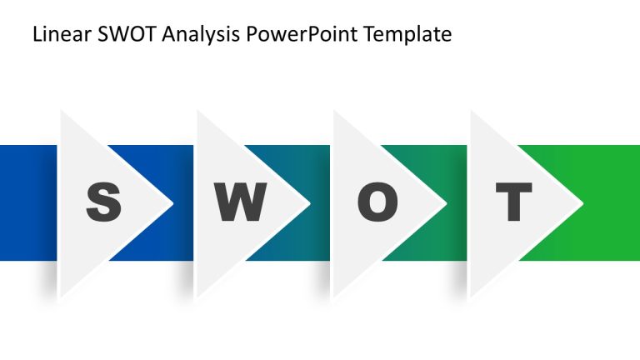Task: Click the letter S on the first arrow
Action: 103,202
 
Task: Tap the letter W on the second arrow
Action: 240,202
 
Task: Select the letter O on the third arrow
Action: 377,202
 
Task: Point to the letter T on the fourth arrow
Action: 513,202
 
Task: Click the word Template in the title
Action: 412,35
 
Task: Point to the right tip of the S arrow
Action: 172,203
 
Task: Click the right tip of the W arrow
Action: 309,203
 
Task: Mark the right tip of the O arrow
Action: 446,203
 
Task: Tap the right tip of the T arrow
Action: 582,203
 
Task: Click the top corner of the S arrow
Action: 61,110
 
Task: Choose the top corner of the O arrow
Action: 334,110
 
